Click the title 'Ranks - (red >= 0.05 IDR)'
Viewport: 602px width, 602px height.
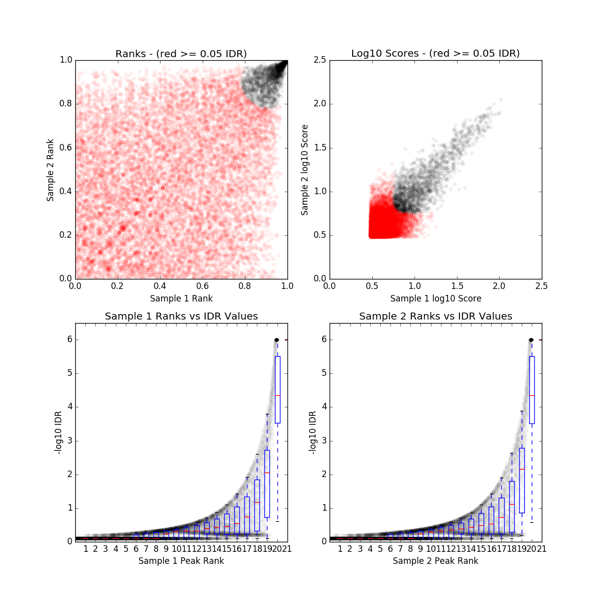click(x=181, y=54)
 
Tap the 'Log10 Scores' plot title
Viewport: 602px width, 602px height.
click(x=435, y=54)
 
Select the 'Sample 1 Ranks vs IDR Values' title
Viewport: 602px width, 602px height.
click(x=181, y=317)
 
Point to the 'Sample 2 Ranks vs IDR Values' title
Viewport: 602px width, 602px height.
click(x=435, y=317)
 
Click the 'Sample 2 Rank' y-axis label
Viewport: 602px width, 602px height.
click(x=50, y=170)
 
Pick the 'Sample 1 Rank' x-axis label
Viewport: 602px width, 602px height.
click(x=181, y=298)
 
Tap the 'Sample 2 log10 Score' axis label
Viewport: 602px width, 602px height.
click(x=305, y=170)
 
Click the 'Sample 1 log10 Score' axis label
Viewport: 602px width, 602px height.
click(x=435, y=298)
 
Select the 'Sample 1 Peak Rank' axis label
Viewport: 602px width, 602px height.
click(x=181, y=561)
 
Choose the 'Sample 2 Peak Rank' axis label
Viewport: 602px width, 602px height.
click(x=435, y=561)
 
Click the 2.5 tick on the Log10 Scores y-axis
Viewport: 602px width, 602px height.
click(x=320, y=60)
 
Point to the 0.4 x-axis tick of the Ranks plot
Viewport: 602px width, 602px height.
click(x=160, y=286)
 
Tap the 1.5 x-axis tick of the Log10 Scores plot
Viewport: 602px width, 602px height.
click(x=457, y=286)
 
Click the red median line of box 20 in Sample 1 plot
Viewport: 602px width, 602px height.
click(x=277, y=396)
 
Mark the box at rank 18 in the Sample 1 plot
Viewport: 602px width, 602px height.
click(x=257, y=506)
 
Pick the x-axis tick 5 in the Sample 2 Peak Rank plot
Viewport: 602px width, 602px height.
click(x=380, y=549)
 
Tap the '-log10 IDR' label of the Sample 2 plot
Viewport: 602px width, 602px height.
click(x=313, y=432)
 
